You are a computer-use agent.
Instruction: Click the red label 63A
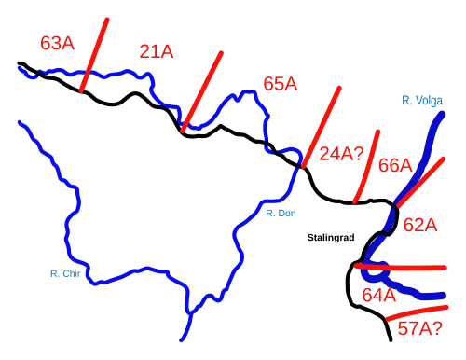point(57,43)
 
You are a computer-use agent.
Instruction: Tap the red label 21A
point(156,51)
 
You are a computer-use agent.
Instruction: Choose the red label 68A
point(395,165)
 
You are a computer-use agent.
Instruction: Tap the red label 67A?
point(417,328)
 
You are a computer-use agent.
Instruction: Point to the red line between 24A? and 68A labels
point(366,166)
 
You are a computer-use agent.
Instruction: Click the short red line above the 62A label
point(413,187)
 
